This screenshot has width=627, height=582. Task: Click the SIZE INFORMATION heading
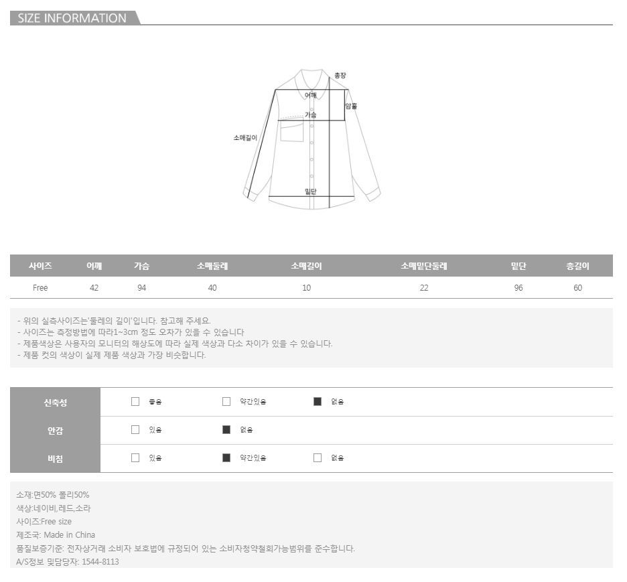pyautogui.click(x=72, y=18)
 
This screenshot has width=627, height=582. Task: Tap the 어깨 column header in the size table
pyautogui.click(x=94, y=266)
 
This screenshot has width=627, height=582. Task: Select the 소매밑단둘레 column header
pyautogui.click(x=424, y=266)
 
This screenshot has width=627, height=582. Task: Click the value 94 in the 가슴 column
pyautogui.click(x=141, y=288)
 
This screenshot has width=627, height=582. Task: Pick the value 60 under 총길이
pyautogui.click(x=578, y=288)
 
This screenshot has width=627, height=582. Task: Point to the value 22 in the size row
pyautogui.click(x=424, y=288)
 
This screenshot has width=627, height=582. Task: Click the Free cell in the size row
pyautogui.click(x=40, y=288)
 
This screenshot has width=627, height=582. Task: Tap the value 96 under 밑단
pyautogui.click(x=518, y=288)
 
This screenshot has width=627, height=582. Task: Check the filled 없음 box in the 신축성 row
pyautogui.click(x=318, y=402)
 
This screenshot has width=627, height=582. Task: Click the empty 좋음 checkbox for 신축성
pyautogui.click(x=135, y=402)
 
